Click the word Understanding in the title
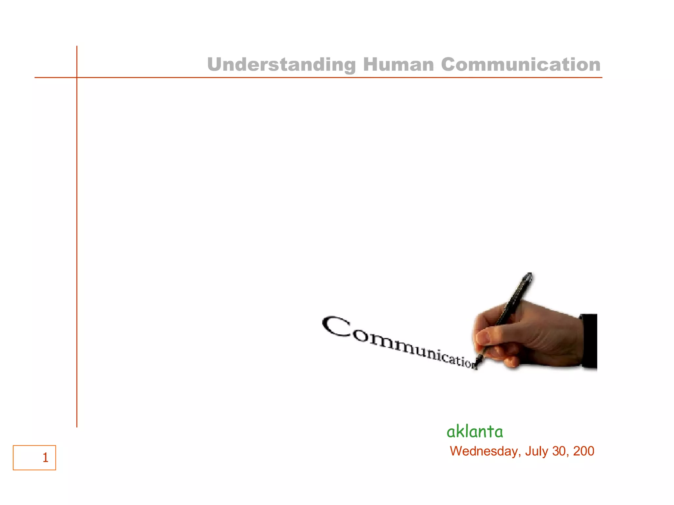coord(281,64)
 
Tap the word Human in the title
coord(399,64)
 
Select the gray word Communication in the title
coord(521,64)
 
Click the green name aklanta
coord(475,431)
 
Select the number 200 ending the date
coord(583,451)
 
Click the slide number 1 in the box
coord(45,458)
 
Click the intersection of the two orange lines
coord(77,78)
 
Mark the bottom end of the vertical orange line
coord(77,426)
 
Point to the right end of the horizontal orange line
coord(601,78)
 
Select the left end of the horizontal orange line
coord(35,78)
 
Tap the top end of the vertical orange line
coord(77,47)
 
